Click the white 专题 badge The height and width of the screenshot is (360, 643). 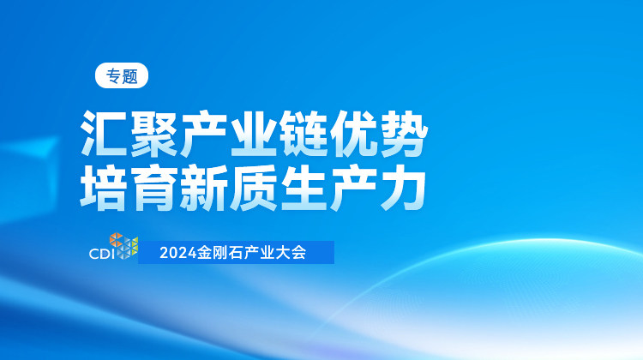point(122,75)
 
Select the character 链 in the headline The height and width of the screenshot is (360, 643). point(303,134)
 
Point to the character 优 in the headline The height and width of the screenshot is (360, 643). point(353,134)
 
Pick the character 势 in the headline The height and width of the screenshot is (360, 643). point(404,134)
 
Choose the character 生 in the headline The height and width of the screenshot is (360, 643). point(303,188)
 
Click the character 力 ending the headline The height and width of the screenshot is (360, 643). point(403,188)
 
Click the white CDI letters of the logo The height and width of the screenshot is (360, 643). point(103,254)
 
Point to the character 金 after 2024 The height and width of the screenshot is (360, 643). point(204,253)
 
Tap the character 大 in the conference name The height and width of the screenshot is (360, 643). point(283,253)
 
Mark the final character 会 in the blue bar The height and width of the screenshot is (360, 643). point(298,253)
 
